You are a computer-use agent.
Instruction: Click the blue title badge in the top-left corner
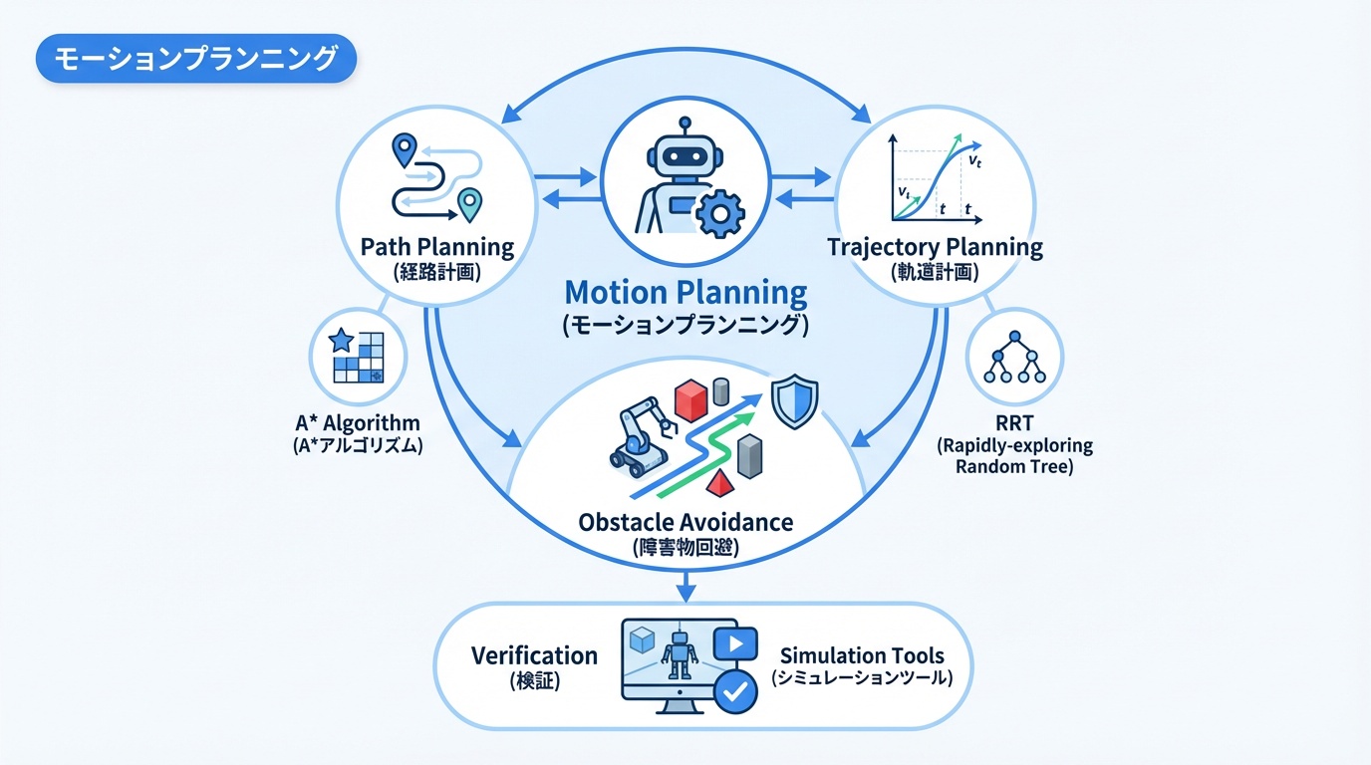pos(195,60)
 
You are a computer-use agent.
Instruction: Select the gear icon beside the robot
pos(718,214)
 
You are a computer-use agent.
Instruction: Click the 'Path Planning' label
pos(437,247)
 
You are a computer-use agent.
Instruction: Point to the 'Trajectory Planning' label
pos(935,247)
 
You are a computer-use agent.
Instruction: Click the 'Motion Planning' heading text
pos(685,292)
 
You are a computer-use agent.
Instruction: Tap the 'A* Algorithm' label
pos(358,423)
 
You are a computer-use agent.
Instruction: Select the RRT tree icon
pos(1013,358)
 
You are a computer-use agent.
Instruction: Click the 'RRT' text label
pos(1014,423)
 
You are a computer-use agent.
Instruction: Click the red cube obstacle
pos(690,399)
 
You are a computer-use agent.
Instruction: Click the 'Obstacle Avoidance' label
pos(685,521)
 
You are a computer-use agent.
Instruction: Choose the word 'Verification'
pos(534,655)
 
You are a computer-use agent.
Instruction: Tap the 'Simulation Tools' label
pos(862,655)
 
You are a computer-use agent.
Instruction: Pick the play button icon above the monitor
pos(736,643)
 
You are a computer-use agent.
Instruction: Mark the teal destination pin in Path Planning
pos(468,204)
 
